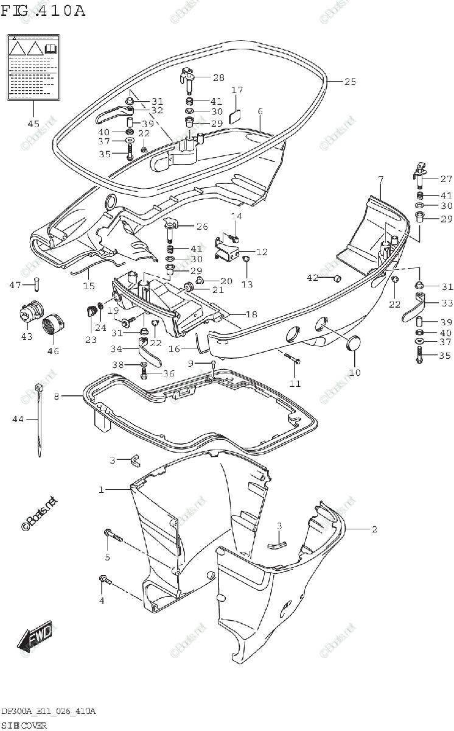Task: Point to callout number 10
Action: pyautogui.click(x=355, y=372)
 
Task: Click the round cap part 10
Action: pyautogui.click(x=353, y=345)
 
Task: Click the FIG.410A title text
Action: pyautogui.click(x=43, y=10)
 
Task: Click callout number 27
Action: pyautogui.click(x=445, y=178)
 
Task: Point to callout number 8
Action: pyautogui.click(x=56, y=397)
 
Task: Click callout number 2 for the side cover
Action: pyautogui.click(x=374, y=529)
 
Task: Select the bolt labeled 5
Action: pyautogui.click(x=113, y=535)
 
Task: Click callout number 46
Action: pyautogui.click(x=54, y=351)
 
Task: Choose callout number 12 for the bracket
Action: pyautogui.click(x=261, y=252)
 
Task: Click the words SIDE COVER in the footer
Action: pyautogui.click(x=24, y=725)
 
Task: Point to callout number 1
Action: pyautogui.click(x=102, y=489)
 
